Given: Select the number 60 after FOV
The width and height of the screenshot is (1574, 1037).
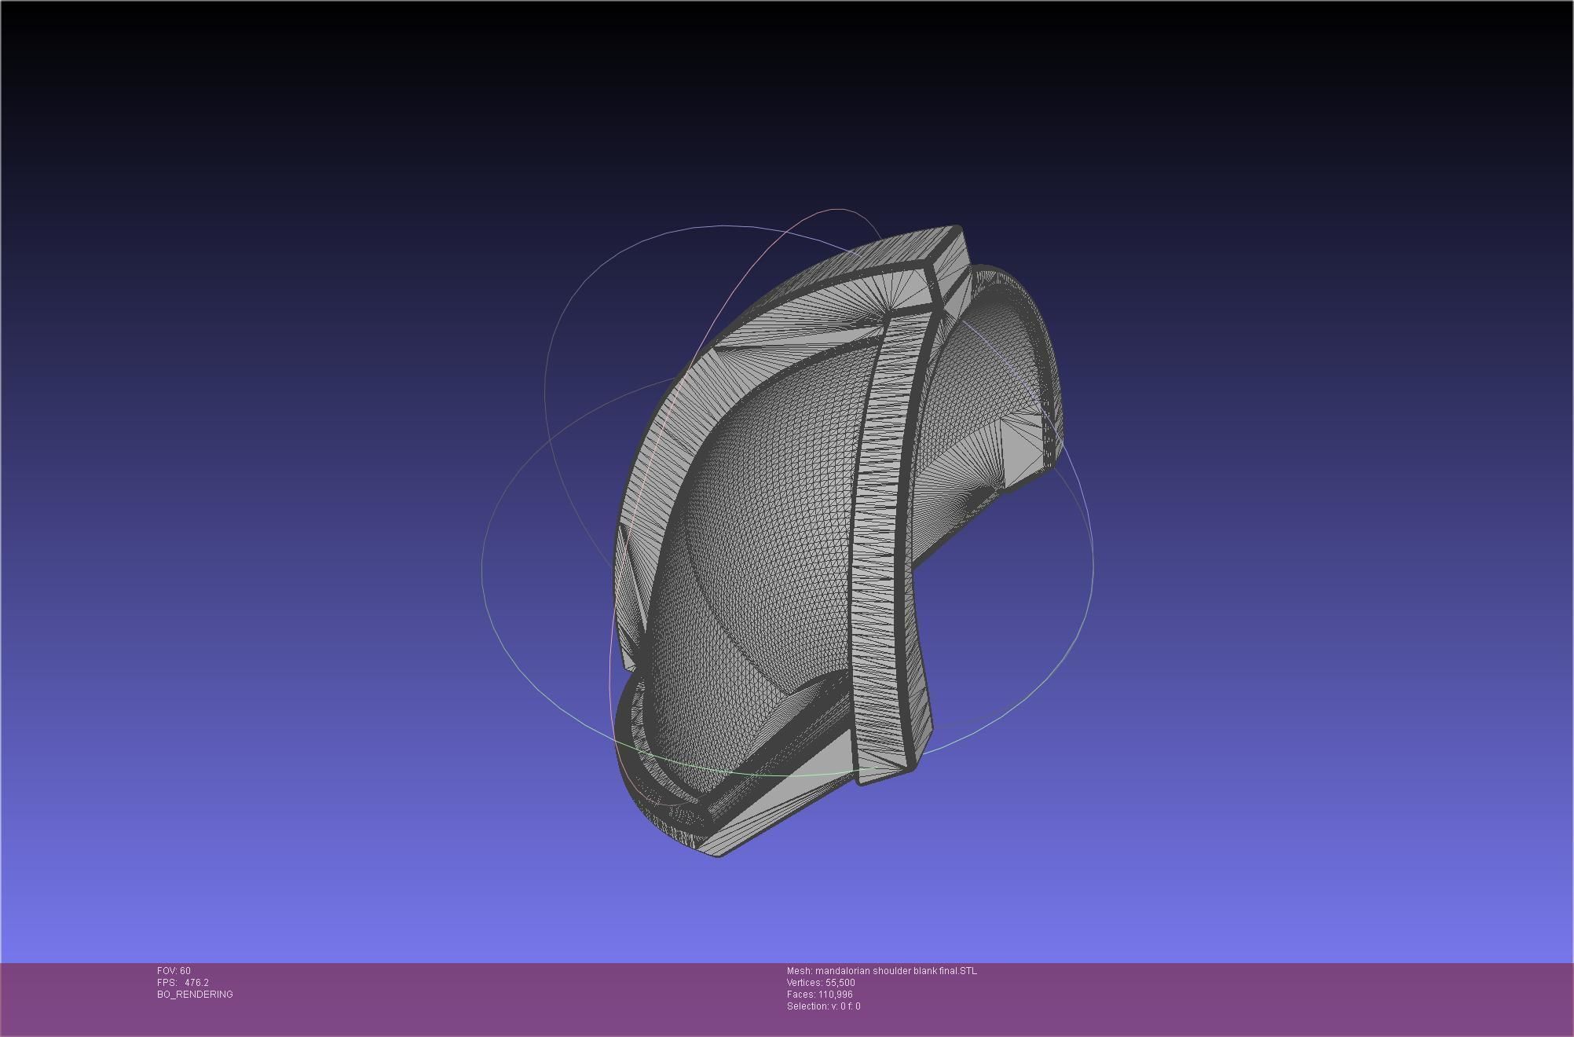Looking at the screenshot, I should [x=185, y=971].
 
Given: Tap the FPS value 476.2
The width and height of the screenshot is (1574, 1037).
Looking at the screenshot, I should [x=196, y=983].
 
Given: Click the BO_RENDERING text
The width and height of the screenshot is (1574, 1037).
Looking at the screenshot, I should [x=195, y=995].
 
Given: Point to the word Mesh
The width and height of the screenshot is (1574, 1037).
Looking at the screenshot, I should [x=799, y=971].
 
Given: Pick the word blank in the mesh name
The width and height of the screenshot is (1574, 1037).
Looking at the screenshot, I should [x=925, y=971].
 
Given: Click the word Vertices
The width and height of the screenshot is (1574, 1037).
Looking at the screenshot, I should [x=804, y=983].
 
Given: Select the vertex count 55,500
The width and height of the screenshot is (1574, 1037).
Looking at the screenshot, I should [x=840, y=983].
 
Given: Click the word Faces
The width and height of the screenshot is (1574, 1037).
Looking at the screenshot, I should [x=800, y=995].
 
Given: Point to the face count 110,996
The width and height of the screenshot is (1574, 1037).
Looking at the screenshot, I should [x=836, y=995].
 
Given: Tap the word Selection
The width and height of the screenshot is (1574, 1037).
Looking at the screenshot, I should [x=807, y=1006].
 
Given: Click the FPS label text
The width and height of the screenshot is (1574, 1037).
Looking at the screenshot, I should [x=166, y=983].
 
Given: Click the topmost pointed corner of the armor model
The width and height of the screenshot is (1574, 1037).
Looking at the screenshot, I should [x=957, y=228].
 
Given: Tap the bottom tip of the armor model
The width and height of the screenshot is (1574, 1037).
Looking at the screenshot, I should [x=718, y=854].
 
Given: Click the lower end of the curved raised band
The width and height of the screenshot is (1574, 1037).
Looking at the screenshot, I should [x=886, y=774].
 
